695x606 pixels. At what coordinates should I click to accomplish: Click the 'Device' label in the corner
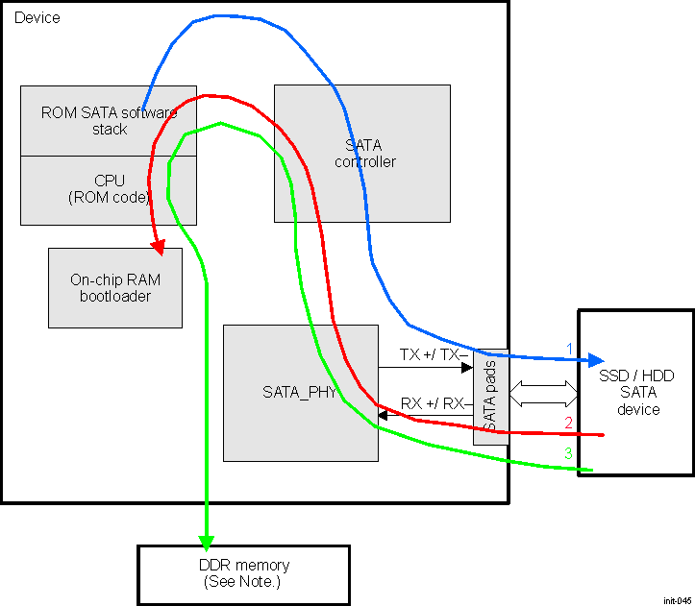tap(37, 17)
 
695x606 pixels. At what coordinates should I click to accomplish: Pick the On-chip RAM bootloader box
tap(114, 288)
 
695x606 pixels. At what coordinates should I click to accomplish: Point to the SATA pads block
tap(490, 397)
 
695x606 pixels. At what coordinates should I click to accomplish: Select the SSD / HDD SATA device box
tap(634, 392)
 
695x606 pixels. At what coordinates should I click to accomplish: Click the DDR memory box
tap(242, 572)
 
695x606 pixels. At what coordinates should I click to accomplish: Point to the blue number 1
tap(569, 348)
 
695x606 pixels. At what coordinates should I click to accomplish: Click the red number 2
tap(569, 423)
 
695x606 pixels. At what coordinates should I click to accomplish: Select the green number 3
tap(568, 453)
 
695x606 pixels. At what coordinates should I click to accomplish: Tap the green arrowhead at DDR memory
tap(206, 542)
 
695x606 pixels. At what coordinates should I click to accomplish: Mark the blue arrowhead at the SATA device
tap(595, 361)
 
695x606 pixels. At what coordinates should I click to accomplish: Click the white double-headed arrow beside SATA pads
tap(543, 391)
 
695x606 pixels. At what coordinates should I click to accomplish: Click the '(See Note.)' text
tap(242, 582)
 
